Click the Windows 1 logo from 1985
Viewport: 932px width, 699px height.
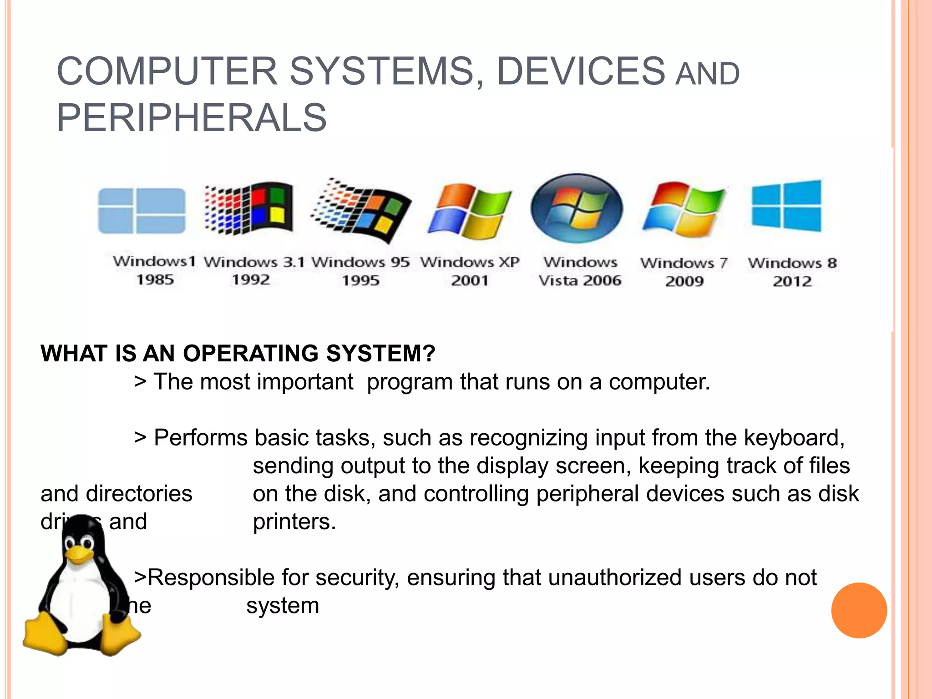(142, 210)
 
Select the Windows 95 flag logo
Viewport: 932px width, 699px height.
(362, 210)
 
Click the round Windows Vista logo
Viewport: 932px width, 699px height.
(577, 208)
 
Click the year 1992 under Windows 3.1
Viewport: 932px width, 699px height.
(251, 279)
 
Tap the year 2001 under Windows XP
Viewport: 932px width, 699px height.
(470, 280)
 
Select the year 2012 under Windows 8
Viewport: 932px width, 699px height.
(792, 281)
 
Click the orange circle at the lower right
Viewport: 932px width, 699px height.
(859, 610)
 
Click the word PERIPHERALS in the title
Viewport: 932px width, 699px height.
(192, 117)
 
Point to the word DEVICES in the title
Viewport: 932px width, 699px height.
(581, 71)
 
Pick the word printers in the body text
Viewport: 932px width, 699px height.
(294, 522)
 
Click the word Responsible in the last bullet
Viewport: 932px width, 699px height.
(211, 577)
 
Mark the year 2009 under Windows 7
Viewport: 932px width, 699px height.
(684, 281)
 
